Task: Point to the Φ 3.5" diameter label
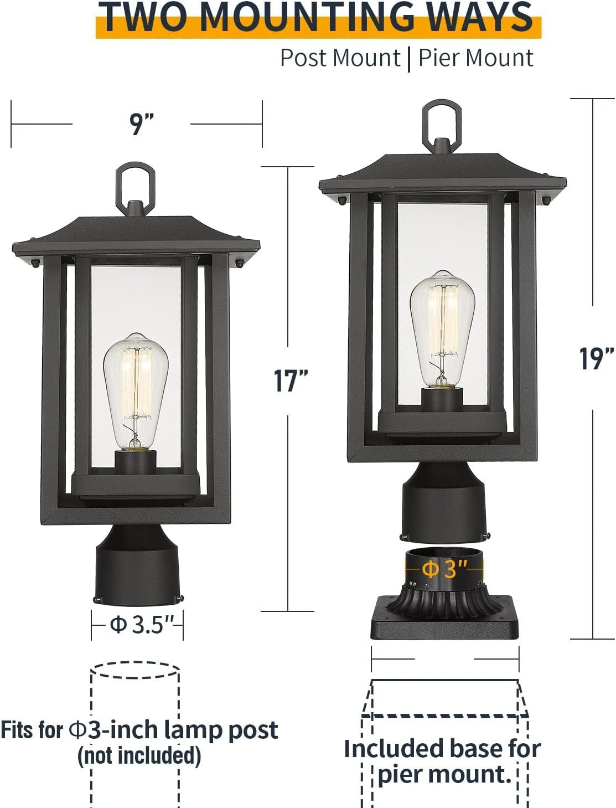(138, 625)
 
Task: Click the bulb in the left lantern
(136, 390)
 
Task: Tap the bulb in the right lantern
(442, 329)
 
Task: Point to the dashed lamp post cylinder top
(134, 670)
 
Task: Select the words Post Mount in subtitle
(340, 58)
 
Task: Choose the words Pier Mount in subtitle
(475, 58)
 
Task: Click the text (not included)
(139, 755)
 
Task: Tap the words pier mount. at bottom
(444, 774)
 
